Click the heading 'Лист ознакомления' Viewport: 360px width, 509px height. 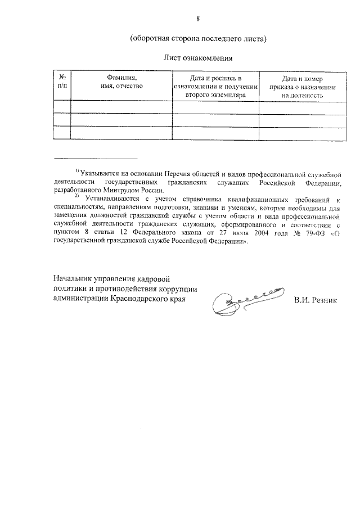click(197, 57)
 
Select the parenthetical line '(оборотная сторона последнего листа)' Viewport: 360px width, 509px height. click(197, 39)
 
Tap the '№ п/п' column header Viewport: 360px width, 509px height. click(61, 82)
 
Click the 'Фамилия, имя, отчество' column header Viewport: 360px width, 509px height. click(121, 82)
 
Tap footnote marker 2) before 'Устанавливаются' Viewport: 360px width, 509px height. click(77, 197)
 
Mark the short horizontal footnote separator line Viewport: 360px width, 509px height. click(95, 159)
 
